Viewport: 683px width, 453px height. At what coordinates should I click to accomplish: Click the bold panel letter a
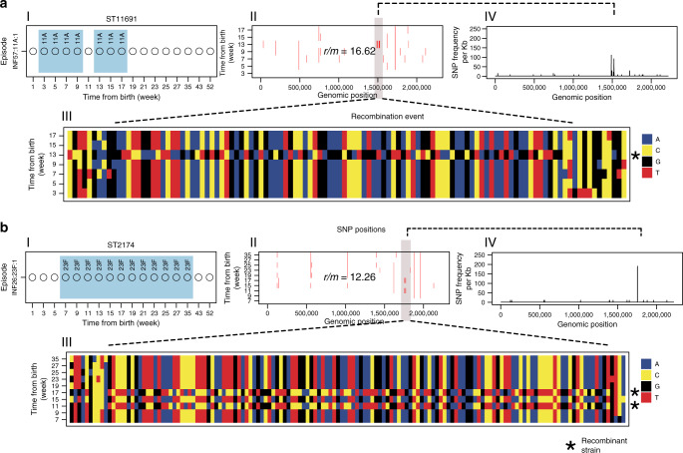(x=5, y=6)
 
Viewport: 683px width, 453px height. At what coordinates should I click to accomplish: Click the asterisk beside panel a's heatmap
(x=635, y=157)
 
